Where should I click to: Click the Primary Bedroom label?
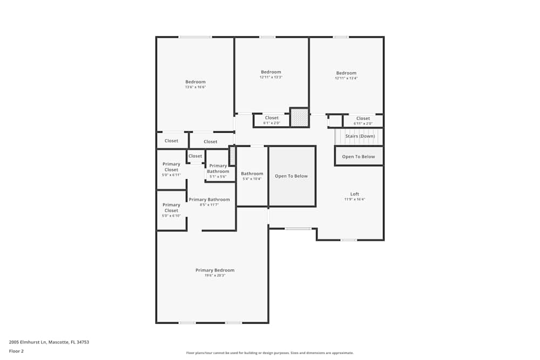215,270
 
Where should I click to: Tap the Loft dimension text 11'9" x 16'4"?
355,199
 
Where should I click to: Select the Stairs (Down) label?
360,136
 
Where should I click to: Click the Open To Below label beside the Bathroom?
292,176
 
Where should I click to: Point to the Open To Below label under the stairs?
359,157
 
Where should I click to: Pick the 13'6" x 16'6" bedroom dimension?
195,87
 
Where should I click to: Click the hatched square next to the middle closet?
299,117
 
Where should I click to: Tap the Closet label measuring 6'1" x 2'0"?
272,118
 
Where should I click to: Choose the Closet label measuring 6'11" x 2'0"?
363,118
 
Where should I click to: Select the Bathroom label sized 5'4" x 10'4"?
252,174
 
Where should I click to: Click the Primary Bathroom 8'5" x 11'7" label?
209,200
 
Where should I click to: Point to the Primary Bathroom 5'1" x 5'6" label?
218,168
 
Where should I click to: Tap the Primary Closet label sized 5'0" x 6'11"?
171,167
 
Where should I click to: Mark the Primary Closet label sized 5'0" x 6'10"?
171,207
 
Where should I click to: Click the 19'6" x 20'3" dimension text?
215,275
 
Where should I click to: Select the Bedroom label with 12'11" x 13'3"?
271,72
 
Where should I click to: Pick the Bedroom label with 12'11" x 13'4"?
346,73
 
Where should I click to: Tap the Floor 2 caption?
16,351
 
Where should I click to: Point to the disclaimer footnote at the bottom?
269,353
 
